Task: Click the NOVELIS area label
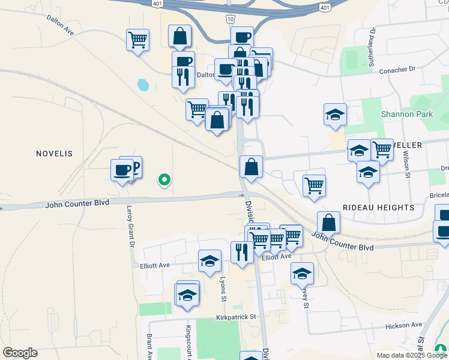54,154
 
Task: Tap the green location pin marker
163,179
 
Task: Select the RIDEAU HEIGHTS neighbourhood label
378,207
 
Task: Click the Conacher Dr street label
397,70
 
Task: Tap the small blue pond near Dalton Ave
143,85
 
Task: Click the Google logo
20,353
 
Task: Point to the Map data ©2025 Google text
411,355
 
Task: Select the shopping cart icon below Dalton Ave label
138,40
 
